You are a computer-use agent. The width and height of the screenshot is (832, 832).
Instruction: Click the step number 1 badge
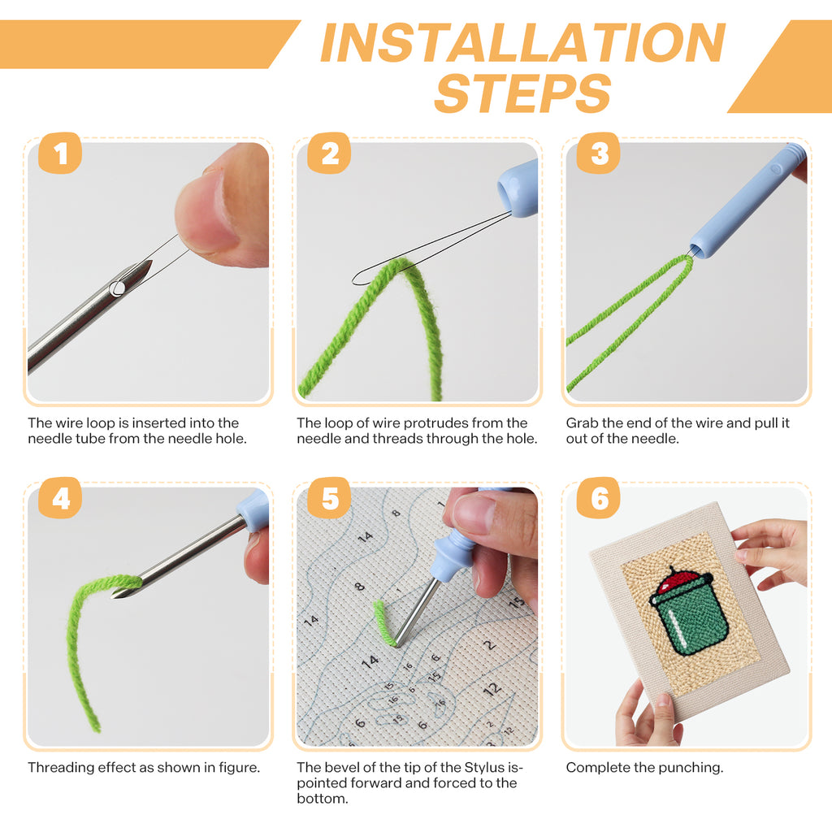point(59,153)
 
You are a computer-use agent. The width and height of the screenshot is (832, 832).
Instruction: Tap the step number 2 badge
point(329,153)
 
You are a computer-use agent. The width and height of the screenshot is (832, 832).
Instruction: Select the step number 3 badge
point(599,153)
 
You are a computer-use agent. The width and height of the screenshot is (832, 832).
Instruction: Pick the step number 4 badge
point(59,498)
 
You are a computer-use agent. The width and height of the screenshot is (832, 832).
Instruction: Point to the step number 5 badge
point(329,498)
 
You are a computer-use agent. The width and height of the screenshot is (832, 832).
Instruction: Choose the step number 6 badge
point(599,498)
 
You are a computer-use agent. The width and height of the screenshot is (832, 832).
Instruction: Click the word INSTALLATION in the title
point(522,44)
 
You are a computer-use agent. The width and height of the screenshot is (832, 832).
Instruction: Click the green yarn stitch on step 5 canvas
point(382,622)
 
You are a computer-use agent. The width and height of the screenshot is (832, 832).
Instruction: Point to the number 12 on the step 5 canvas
point(492,689)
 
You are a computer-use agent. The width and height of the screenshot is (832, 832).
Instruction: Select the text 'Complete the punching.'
point(644,767)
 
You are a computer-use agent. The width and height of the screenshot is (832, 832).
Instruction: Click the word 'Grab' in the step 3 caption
point(582,422)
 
